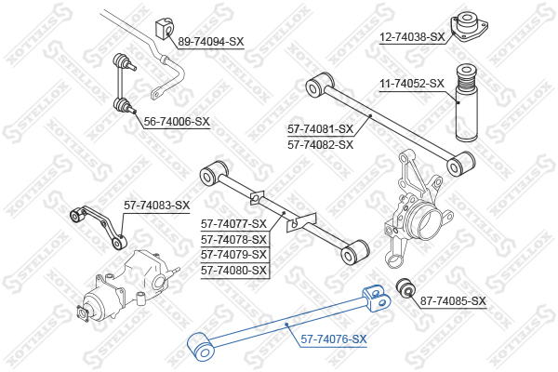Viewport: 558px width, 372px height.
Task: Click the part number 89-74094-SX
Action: point(210,43)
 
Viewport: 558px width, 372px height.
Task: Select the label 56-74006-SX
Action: point(177,122)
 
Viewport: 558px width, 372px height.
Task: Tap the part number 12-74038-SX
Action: point(413,38)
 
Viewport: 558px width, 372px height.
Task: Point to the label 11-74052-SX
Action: point(412,84)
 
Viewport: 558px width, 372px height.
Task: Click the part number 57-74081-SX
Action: point(321,129)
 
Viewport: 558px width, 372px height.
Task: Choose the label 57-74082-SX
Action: point(321,145)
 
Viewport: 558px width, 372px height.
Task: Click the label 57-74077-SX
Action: point(234,223)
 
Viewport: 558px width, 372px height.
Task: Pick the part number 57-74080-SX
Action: point(234,271)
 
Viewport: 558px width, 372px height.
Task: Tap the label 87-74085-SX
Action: point(453,301)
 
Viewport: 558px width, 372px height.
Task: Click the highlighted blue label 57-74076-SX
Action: point(333,340)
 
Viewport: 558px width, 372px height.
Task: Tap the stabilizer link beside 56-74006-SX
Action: point(125,84)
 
